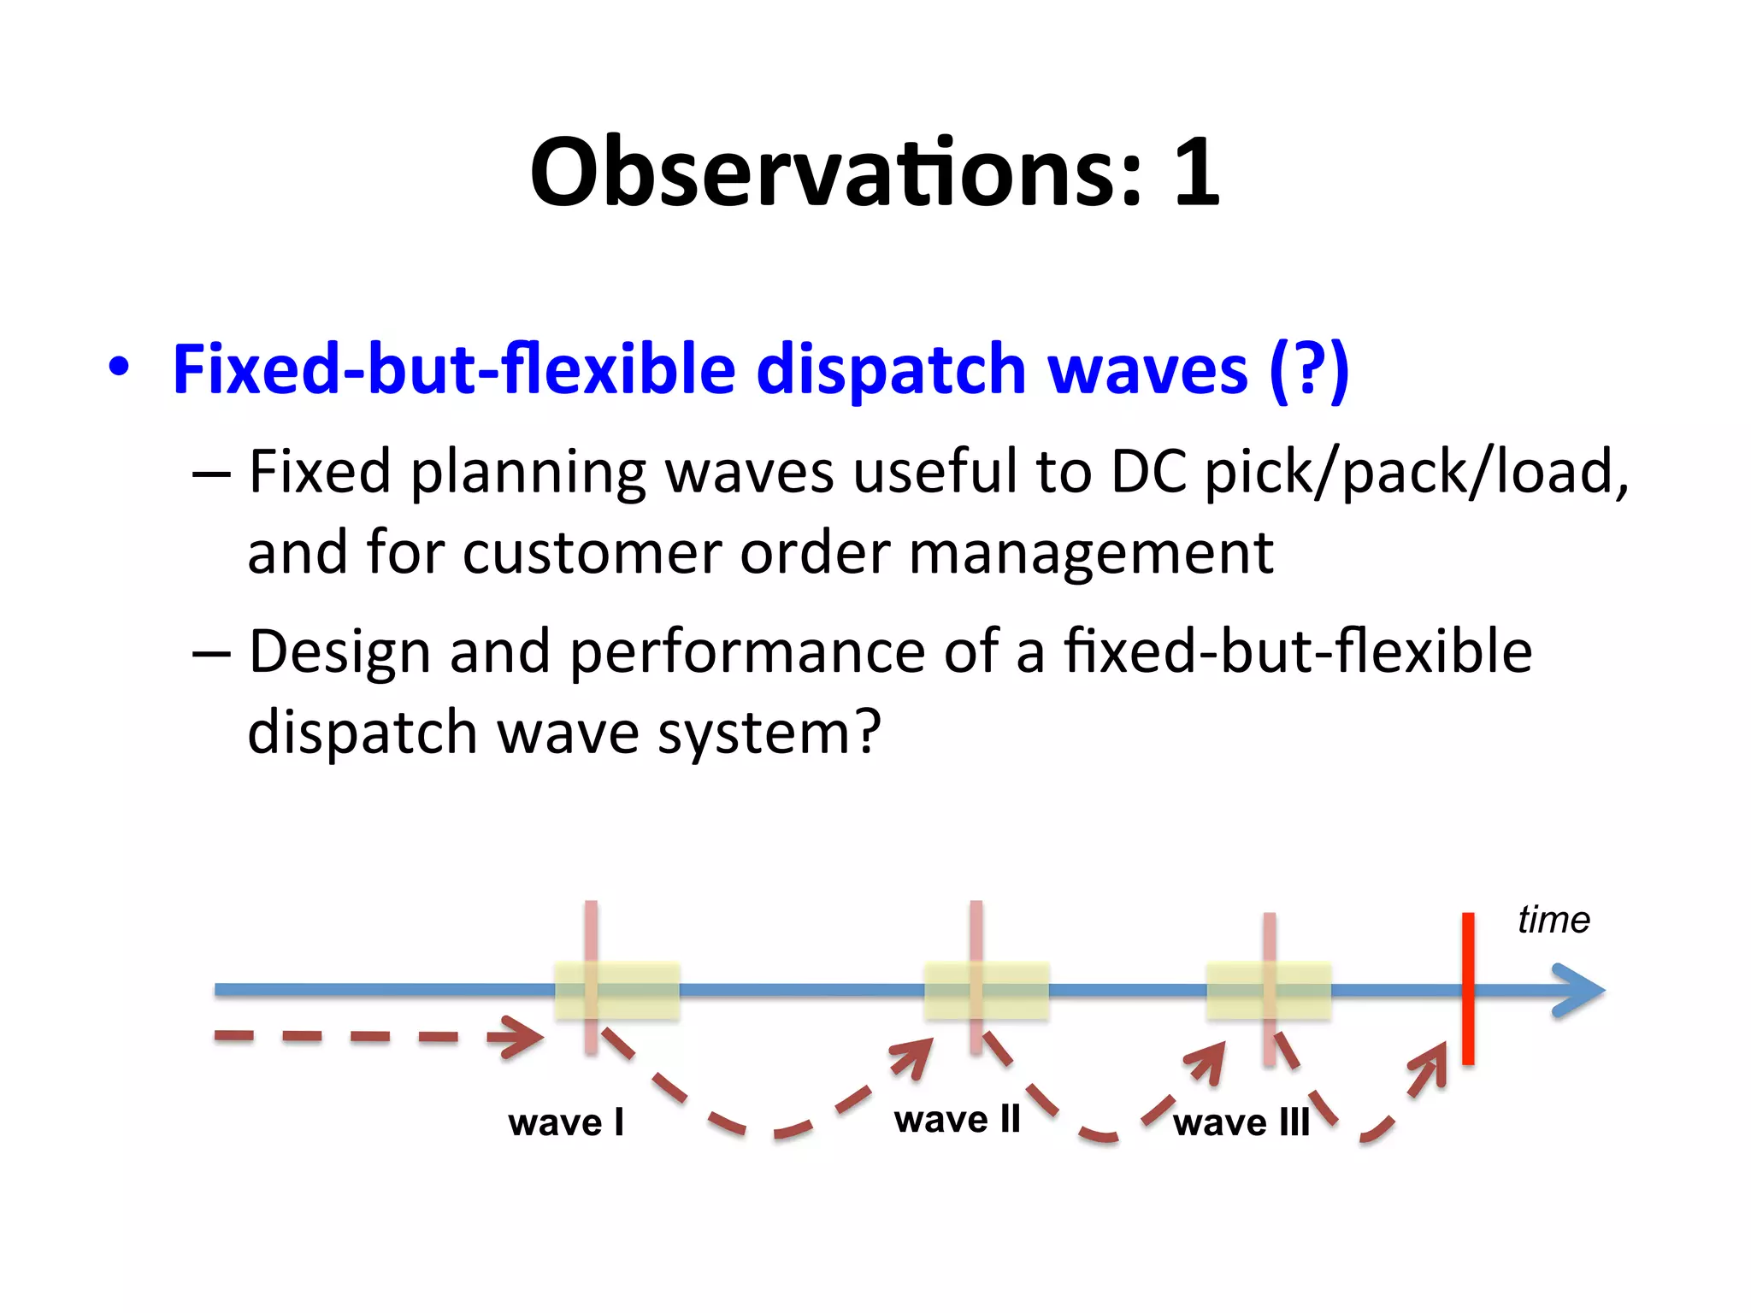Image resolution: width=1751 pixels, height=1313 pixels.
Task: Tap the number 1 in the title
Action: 1195,173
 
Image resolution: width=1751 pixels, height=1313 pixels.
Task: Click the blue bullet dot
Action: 119,368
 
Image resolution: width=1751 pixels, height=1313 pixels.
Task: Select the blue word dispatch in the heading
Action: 890,369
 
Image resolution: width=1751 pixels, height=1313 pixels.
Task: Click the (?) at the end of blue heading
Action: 1308,369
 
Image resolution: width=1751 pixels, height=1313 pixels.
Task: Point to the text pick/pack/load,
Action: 1416,473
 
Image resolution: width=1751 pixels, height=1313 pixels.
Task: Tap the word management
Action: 1091,553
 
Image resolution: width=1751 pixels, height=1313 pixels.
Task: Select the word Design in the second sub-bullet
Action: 339,652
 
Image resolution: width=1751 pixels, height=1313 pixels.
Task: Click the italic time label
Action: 1553,921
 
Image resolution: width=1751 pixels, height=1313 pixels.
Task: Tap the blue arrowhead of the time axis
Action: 1582,991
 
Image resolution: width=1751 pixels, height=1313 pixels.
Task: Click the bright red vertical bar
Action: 1468,988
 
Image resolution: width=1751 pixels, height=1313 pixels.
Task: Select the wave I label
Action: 566,1122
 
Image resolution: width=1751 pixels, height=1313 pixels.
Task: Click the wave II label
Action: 958,1119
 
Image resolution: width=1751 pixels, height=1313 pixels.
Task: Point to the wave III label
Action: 1241,1122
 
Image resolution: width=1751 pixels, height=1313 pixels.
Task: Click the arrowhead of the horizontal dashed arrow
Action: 522,1037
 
